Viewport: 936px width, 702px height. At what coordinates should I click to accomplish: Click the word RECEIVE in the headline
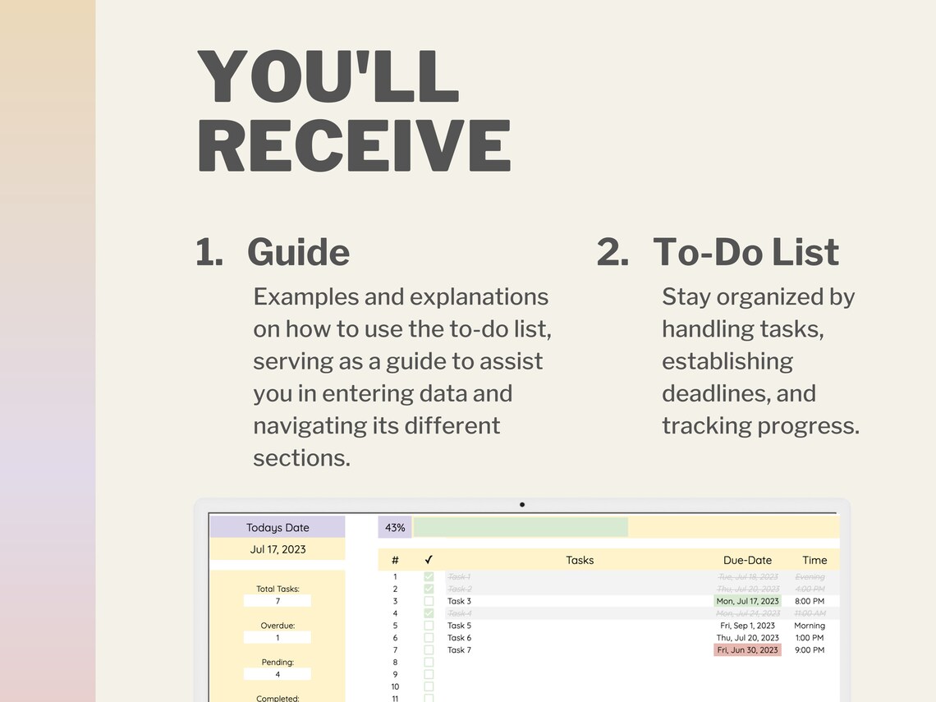(x=354, y=145)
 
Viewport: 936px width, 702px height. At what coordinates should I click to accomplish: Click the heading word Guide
(x=298, y=252)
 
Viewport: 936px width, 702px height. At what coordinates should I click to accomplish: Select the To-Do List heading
(x=746, y=252)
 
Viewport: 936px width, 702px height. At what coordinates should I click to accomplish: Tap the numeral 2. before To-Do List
(x=613, y=252)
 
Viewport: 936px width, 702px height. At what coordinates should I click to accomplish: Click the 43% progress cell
(x=395, y=527)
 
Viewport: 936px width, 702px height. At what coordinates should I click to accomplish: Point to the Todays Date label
(x=278, y=527)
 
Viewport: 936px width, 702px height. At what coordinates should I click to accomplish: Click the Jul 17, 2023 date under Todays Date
(x=278, y=549)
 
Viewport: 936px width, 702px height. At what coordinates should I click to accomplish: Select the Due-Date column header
(x=747, y=560)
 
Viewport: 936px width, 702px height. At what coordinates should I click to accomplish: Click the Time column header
(x=814, y=560)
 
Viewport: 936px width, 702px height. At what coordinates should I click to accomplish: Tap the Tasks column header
(x=580, y=560)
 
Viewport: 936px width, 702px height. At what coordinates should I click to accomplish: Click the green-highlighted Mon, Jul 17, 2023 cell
(x=747, y=601)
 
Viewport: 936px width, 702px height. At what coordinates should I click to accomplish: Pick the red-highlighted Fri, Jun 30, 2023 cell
(x=747, y=650)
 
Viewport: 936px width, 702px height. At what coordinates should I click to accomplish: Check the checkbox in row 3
(x=429, y=601)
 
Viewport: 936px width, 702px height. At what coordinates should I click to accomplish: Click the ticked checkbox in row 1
(x=429, y=577)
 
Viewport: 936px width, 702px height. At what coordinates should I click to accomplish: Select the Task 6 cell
(x=459, y=638)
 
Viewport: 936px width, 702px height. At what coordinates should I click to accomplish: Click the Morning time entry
(x=810, y=626)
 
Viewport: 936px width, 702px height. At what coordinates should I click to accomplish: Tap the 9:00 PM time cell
(x=810, y=650)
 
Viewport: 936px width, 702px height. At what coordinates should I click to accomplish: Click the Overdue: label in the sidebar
(x=278, y=626)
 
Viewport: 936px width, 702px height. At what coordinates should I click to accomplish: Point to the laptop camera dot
(x=522, y=505)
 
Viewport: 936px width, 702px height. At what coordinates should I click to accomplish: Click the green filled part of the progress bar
(x=521, y=527)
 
